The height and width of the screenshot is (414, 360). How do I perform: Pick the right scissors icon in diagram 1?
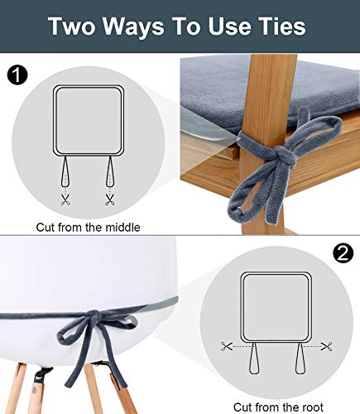109,200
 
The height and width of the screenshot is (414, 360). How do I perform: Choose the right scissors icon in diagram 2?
328,346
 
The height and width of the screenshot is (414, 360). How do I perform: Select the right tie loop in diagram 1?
109,174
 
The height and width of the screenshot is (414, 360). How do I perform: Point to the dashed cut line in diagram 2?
277,346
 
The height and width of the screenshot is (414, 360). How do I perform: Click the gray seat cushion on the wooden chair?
240,87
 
